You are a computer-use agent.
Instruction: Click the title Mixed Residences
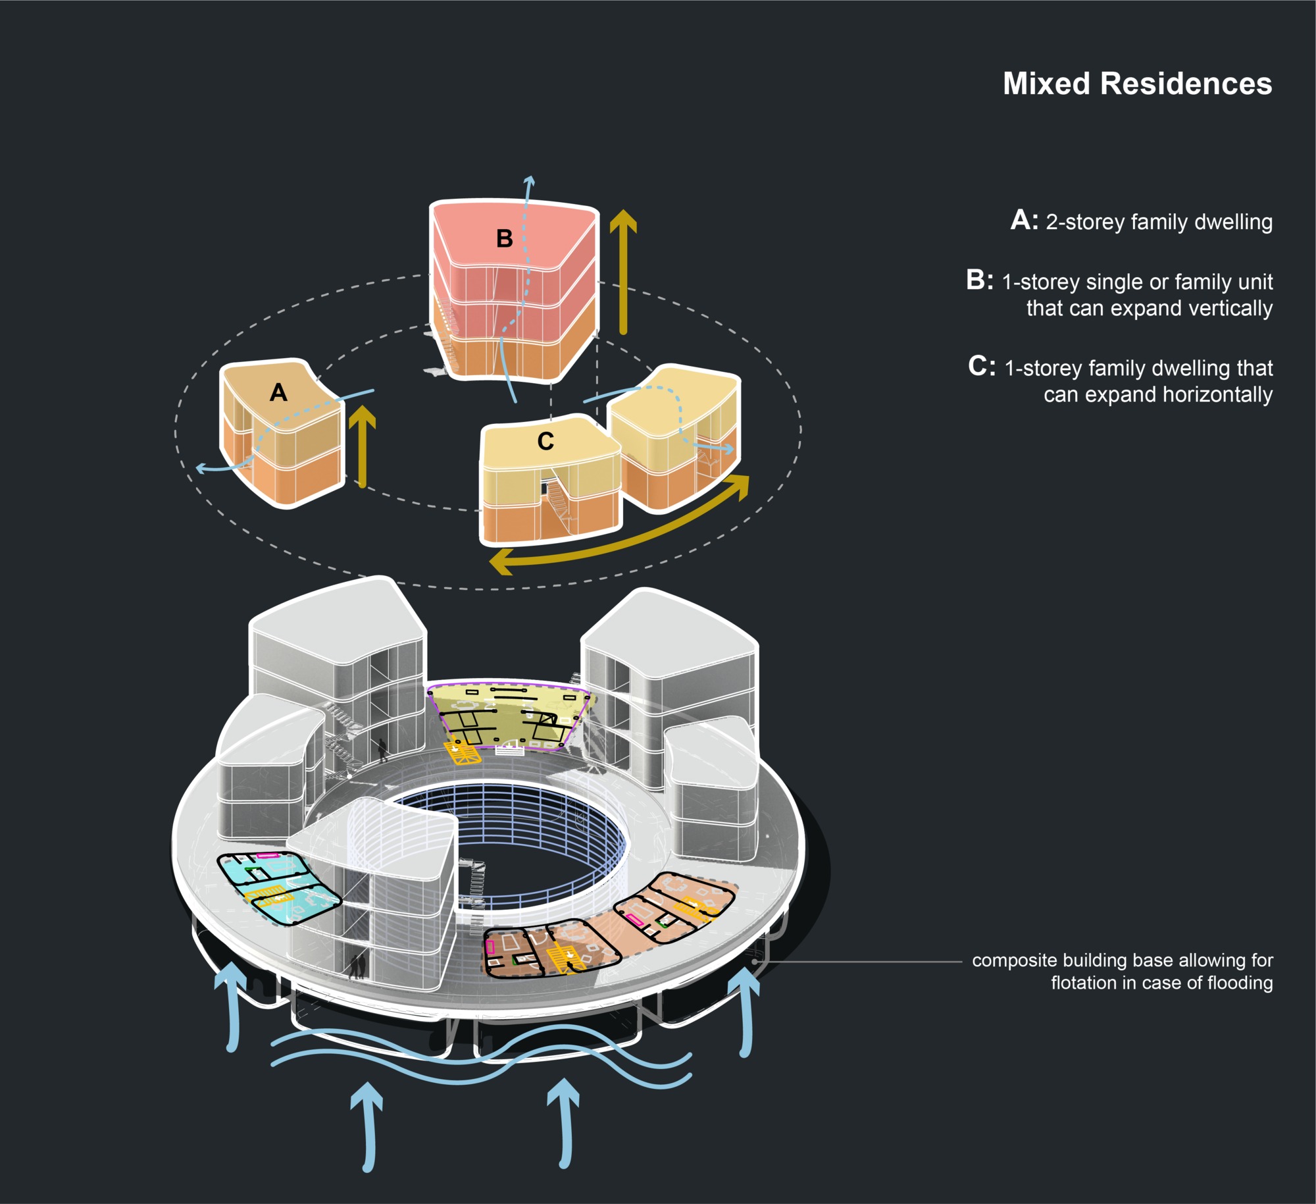(x=1136, y=84)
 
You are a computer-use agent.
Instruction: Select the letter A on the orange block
(x=278, y=393)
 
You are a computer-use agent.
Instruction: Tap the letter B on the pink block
(x=504, y=238)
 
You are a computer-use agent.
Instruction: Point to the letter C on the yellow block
(x=545, y=441)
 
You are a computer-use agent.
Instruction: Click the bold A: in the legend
(x=1025, y=221)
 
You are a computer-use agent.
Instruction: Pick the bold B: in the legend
(x=980, y=280)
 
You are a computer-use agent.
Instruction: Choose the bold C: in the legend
(x=982, y=366)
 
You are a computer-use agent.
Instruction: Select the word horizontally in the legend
(x=1217, y=394)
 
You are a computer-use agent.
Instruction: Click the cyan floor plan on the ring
(x=276, y=886)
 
